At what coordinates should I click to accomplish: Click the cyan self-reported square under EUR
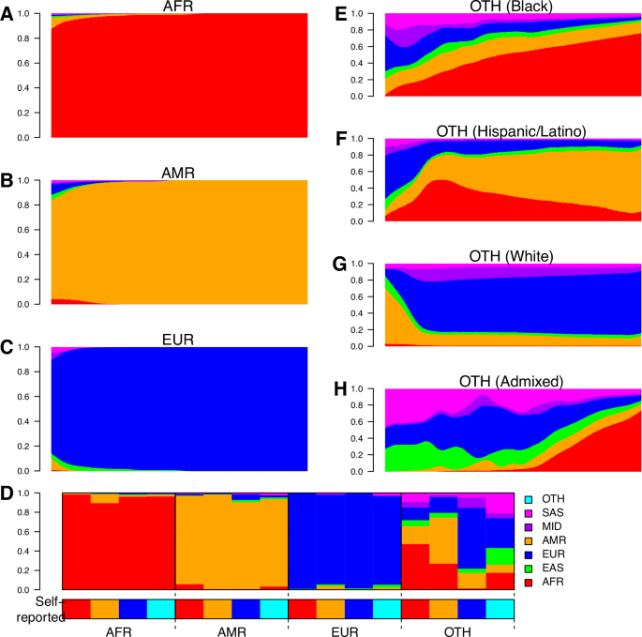click(386, 609)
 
